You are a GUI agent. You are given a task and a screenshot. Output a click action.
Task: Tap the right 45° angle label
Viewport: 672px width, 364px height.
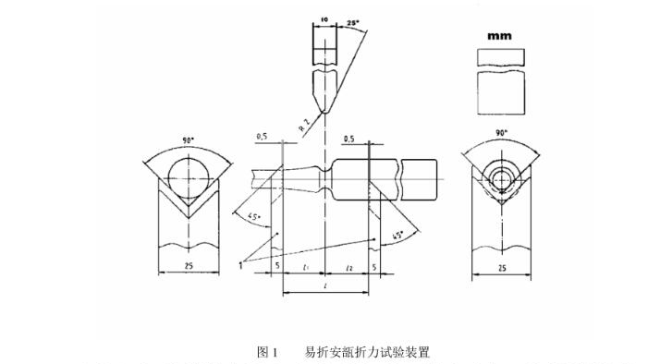pyautogui.click(x=397, y=237)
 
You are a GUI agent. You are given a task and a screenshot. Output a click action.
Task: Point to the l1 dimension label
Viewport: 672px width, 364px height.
pyautogui.click(x=304, y=267)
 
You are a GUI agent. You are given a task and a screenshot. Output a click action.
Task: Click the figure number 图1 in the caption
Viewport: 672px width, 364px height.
pyautogui.click(x=267, y=352)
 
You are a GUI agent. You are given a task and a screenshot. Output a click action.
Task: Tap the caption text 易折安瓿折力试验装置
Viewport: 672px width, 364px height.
pyautogui.click(x=367, y=352)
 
